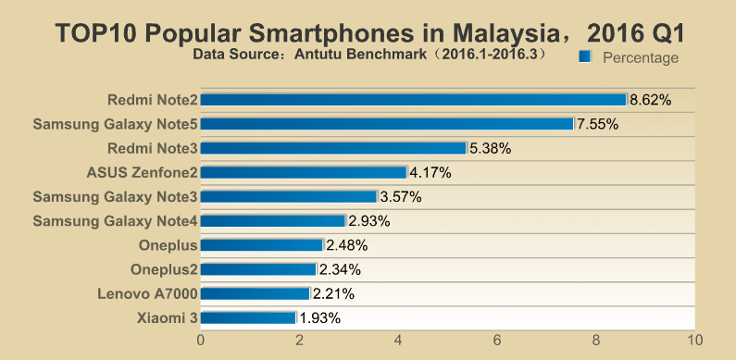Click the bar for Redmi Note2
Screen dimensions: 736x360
point(414,100)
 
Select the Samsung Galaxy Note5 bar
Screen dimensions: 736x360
point(387,124)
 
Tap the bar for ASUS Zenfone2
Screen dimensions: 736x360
point(304,173)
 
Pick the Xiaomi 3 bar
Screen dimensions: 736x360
point(248,317)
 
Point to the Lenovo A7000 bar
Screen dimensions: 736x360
point(256,293)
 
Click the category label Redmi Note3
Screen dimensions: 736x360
point(153,148)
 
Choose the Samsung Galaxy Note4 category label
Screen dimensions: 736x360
point(115,221)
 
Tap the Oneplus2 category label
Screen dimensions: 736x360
point(164,270)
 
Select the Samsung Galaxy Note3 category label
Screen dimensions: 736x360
point(115,197)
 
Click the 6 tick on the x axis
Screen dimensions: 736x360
point(497,341)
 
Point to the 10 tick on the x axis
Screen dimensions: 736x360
point(694,341)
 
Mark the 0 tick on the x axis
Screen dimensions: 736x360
point(201,341)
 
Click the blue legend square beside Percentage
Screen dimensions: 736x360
point(585,56)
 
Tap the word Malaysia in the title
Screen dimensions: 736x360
point(507,34)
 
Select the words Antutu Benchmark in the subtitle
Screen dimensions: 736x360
point(360,55)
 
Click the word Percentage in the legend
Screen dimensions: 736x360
point(641,57)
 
